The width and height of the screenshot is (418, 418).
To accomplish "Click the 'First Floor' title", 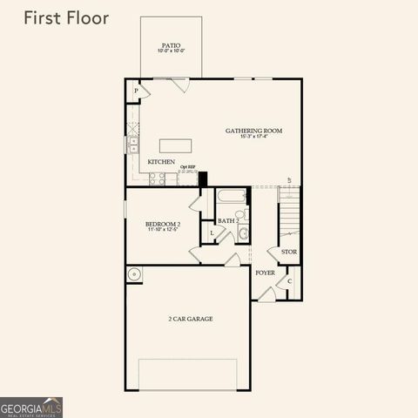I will point(65,18).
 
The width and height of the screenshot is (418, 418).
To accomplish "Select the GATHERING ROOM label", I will point(253,131).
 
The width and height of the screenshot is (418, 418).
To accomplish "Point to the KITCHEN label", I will point(161,162).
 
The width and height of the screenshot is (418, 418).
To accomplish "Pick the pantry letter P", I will point(136,91).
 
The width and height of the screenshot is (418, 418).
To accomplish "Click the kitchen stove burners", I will point(158,178).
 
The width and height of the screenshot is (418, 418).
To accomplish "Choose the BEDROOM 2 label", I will point(162,225).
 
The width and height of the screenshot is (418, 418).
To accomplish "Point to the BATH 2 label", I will point(227,221).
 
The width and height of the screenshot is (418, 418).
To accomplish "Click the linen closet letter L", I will point(212,233).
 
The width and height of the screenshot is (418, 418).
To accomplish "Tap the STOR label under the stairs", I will point(288,253).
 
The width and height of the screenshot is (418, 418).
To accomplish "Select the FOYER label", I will point(265,273).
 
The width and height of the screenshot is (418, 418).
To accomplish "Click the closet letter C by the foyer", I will point(290,280).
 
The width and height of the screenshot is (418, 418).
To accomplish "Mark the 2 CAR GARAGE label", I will point(190,319).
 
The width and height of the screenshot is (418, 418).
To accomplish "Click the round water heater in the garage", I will point(133,276).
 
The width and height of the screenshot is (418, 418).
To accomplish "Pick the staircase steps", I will point(289,218).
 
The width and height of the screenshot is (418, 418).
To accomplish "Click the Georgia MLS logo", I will point(31,407).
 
